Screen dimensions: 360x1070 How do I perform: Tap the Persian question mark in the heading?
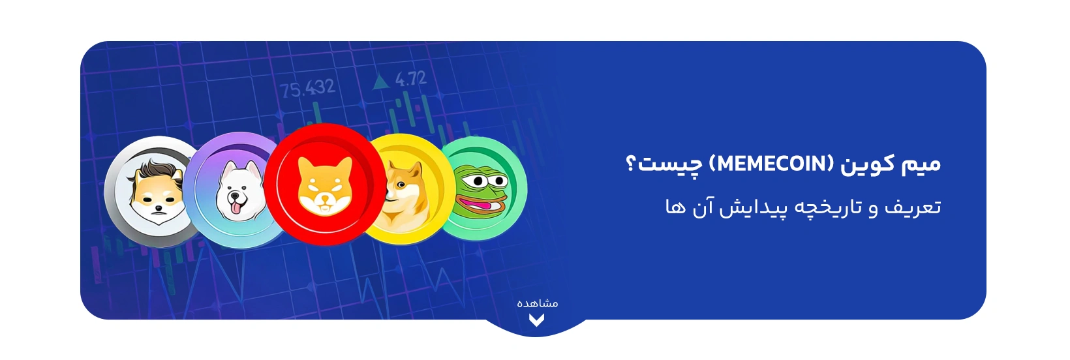click(x=630, y=163)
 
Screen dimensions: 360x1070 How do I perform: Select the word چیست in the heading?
click(x=669, y=164)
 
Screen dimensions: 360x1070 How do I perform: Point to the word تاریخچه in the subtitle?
click(x=823, y=207)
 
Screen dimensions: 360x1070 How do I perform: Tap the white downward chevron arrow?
click(x=536, y=320)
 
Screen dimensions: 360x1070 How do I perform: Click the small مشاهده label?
click(x=537, y=303)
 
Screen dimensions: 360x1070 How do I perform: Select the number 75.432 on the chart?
click(x=308, y=89)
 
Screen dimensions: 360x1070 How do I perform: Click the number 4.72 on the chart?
click(x=411, y=80)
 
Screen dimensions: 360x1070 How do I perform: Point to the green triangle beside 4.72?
click(x=380, y=82)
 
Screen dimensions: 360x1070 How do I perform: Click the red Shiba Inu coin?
click(x=324, y=185)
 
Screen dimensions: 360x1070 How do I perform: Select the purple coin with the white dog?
click(x=232, y=189)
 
